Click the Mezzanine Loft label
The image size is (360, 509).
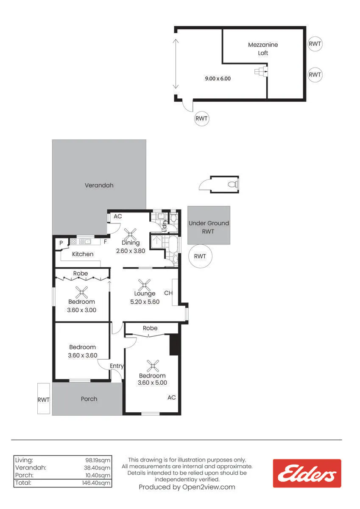[x=263, y=49]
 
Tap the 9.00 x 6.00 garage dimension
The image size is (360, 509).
[x=218, y=78]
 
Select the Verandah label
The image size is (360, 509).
[x=99, y=185]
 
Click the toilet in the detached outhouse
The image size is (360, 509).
[x=233, y=184]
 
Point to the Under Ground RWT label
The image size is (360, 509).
[x=209, y=227]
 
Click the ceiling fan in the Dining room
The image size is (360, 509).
[x=130, y=234]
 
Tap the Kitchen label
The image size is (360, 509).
[x=83, y=254]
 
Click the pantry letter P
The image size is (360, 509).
[x=61, y=243]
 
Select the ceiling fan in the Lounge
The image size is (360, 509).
[x=144, y=285]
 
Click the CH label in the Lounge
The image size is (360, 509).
[x=168, y=293]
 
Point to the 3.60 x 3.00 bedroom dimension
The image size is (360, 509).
[x=81, y=310]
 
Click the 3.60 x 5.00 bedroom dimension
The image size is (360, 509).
[x=152, y=383]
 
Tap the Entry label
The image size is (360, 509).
[x=117, y=366]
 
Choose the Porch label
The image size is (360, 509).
[x=89, y=399]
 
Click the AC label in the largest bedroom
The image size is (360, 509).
[x=171, y=397]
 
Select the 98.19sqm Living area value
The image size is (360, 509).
[x=98, y=460]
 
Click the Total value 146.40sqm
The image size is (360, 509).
[x=96, y=483]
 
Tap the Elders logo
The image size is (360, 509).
[x=307, y=473]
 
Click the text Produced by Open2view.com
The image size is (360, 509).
[x=187, y=487]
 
